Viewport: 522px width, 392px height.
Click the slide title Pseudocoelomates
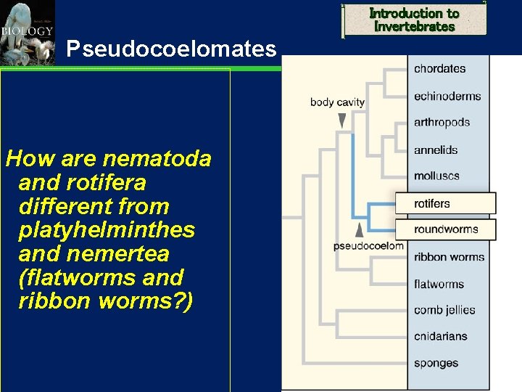point(171,49)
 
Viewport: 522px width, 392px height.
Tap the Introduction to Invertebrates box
point(414,20)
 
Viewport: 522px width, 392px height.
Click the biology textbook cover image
point(27,33)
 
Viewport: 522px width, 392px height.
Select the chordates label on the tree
point(439,69)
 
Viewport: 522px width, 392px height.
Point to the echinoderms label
point(447,96)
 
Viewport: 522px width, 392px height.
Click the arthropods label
point(442,122)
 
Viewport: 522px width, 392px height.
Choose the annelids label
point(436,150)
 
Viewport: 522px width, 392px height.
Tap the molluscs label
point(436,176)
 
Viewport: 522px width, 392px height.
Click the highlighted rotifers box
point(445,203)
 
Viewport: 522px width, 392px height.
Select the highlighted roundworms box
point(445,229)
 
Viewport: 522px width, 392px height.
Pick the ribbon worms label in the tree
point(449,257)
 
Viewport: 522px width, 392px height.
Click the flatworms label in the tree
point(439,284)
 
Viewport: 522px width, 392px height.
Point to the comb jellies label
point(444,310)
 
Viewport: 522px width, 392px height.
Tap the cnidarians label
point(440,336)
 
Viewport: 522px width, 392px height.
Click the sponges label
point(436,362)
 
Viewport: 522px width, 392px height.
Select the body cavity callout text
point(337,102)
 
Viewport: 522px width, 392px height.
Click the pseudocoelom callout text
point(368,246)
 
